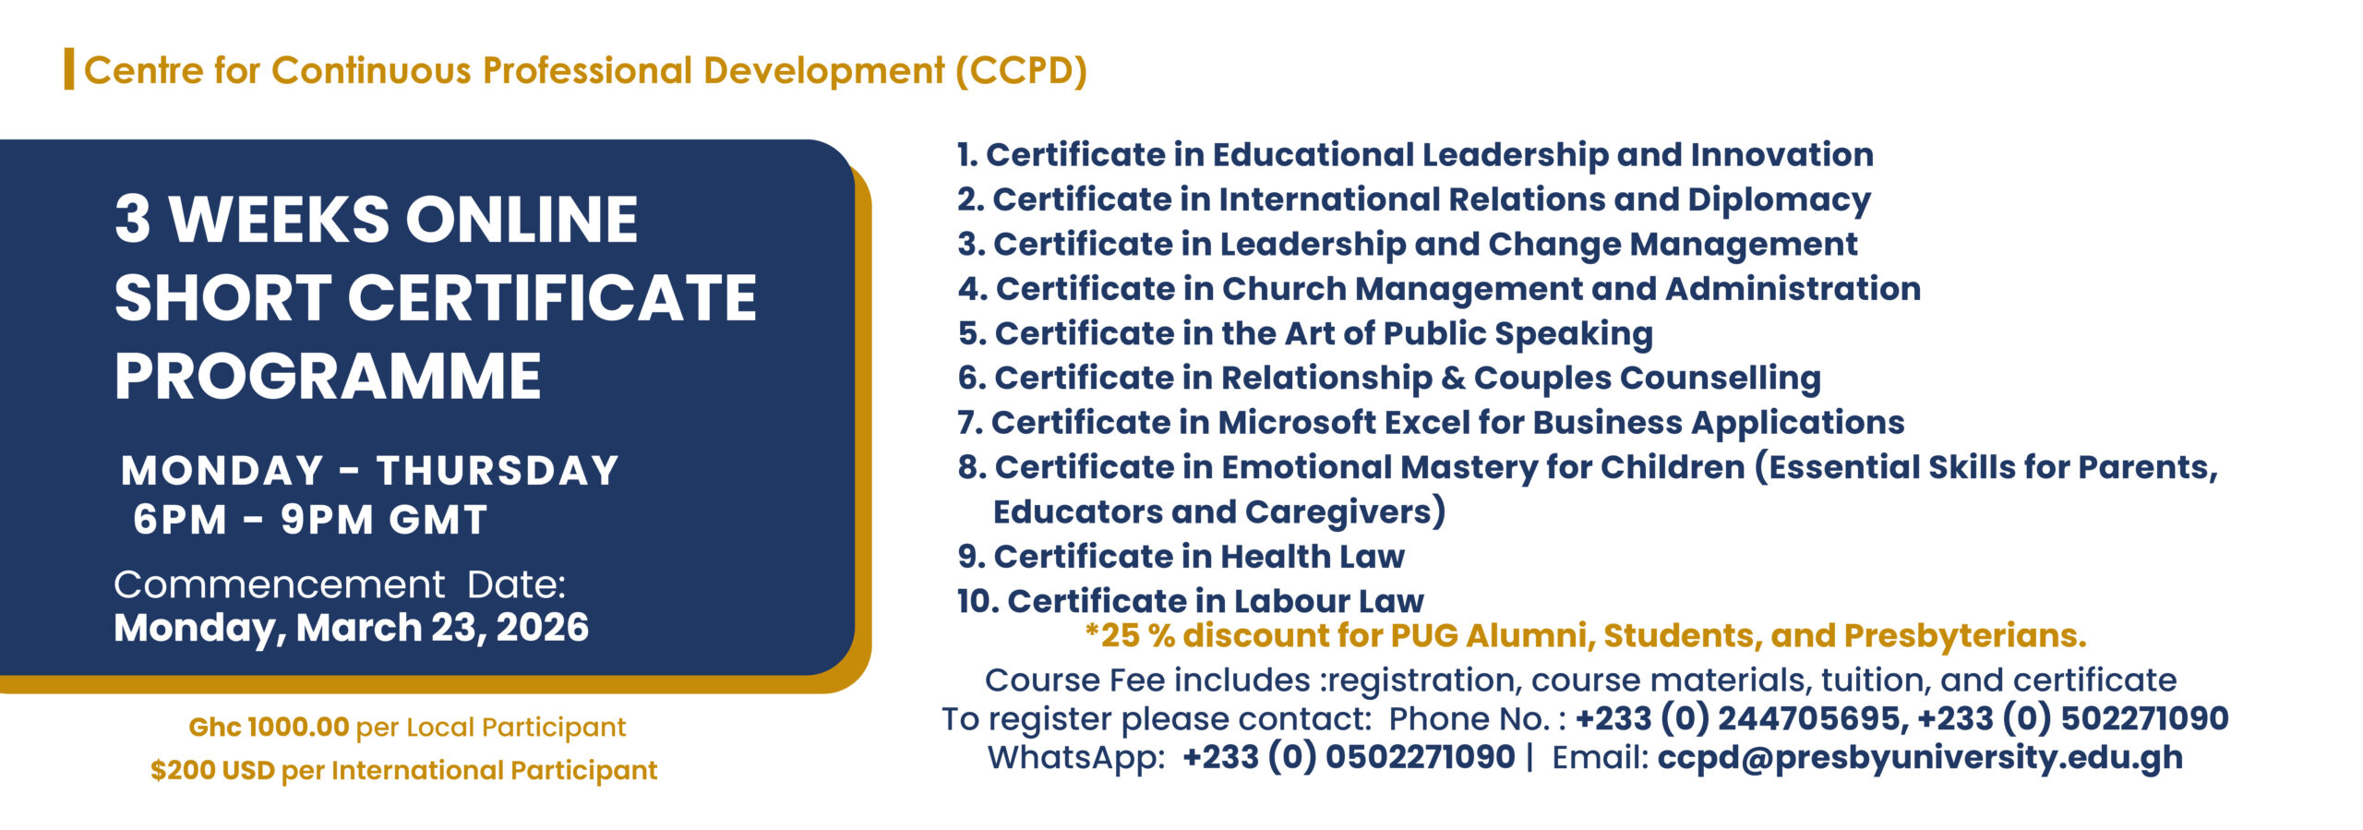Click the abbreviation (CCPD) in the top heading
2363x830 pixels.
pos(1021,71)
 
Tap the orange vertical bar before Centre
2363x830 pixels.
pos(69,69)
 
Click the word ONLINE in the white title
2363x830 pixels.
pos(522,220)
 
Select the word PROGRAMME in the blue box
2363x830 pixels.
pos(328,377)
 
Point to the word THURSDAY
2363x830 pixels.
pos(498,471)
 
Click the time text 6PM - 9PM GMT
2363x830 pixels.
pos(310,520)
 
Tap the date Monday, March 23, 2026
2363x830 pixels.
pos(351,629)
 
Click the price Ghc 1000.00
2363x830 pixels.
pos(269,727)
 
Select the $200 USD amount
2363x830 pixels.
pos(212,770)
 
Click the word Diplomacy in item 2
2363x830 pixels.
pos(1779,200)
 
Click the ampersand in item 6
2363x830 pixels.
pos(1453,378)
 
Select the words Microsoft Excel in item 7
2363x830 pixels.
pos(1343,423)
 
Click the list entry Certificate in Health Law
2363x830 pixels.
pos(1199,557)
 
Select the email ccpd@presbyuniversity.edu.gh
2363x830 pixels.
pos(1920,758)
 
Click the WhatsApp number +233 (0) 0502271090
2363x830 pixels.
pos(1349,757)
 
